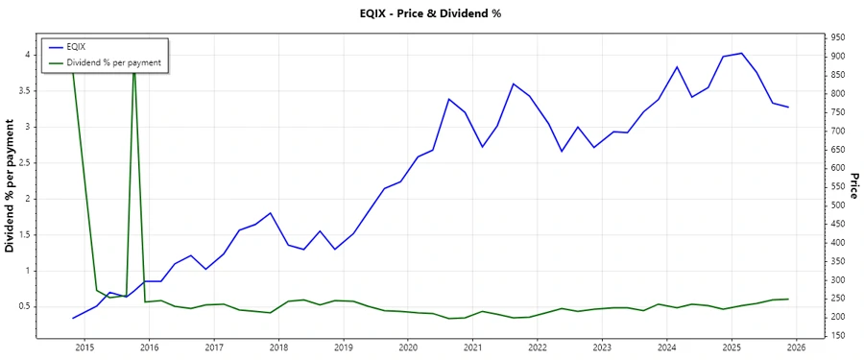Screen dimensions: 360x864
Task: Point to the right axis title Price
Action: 852,186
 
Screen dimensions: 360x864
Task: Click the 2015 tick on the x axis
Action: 84,348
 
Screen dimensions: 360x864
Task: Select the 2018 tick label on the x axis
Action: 278,348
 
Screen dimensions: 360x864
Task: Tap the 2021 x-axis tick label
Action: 472,348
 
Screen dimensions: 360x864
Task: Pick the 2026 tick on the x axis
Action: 796,348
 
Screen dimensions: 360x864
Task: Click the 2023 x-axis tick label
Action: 602,348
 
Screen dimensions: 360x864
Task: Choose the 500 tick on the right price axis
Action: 838,205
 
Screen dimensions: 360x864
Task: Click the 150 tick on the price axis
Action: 838,335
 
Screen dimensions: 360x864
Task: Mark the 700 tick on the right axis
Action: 838,131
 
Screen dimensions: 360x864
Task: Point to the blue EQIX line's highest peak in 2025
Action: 741,53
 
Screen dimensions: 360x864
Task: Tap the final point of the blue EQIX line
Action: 788,107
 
